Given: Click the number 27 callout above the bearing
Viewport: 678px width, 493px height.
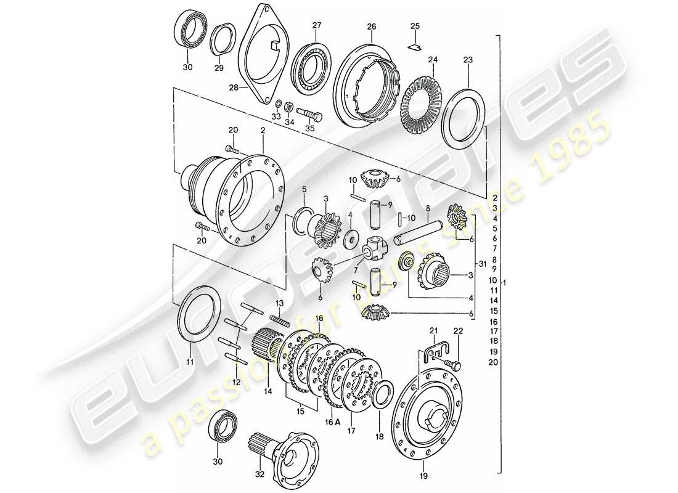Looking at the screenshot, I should (x=317, y=25).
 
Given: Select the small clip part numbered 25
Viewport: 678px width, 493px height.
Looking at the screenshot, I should (x=415, y=44).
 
